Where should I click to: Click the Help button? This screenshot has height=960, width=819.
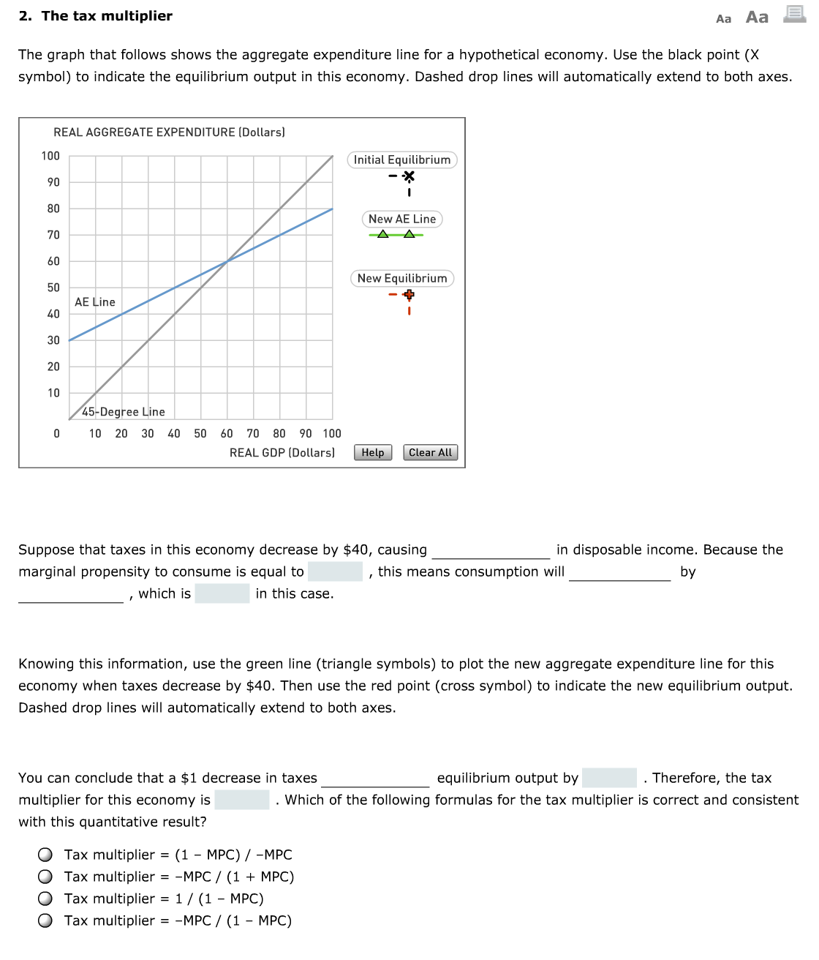click(373, 452)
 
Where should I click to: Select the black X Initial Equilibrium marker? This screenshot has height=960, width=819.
click(409, 176)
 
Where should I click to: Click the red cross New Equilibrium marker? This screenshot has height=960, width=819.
click(409, 295)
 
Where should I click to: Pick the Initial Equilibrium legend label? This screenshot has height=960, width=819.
click(402, 160)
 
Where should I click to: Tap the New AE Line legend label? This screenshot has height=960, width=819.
click(402, 219)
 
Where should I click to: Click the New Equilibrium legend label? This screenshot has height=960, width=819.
click(402, 278)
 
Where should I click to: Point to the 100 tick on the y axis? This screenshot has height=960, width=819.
click(50, 156)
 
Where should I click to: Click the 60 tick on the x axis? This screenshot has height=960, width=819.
click(227, 433)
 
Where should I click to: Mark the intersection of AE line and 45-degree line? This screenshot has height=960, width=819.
click(227, 261)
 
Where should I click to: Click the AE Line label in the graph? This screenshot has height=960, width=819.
click(95, 302)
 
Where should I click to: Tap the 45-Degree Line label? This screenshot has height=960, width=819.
click(124, 412)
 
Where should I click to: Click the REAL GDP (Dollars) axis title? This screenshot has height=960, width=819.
click(282, 453)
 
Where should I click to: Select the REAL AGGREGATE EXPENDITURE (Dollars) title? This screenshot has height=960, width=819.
click(169, 132)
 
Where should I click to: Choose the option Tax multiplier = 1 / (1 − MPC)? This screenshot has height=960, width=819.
click(45, 899)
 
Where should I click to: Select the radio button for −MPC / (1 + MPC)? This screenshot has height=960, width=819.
click(45, 877)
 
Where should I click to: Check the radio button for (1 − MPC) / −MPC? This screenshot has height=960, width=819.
click(45, 855)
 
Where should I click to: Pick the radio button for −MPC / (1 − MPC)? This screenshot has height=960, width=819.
click(45, 920)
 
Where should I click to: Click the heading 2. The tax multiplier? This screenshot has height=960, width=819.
click(96, 16)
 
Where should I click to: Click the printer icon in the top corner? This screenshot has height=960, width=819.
click(794, 14)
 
